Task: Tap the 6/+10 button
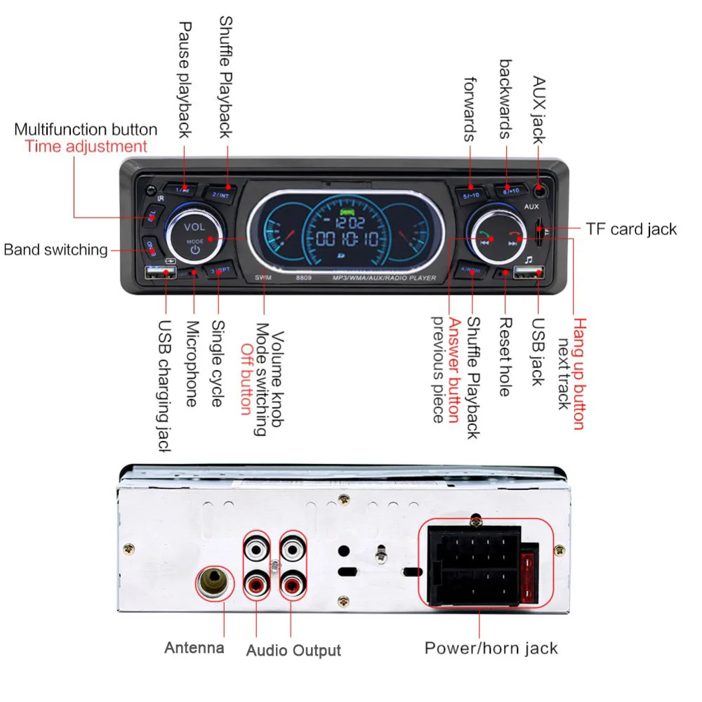click(x=511, y=190)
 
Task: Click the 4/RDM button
click(x=468, y=273)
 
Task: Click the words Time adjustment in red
click(x=86, y=146)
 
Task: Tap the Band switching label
click(x=56, y=249)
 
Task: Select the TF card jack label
click(x=632, y=229)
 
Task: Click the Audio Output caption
click(x=293, y=650)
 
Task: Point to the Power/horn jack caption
click(x=491, y=647)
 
